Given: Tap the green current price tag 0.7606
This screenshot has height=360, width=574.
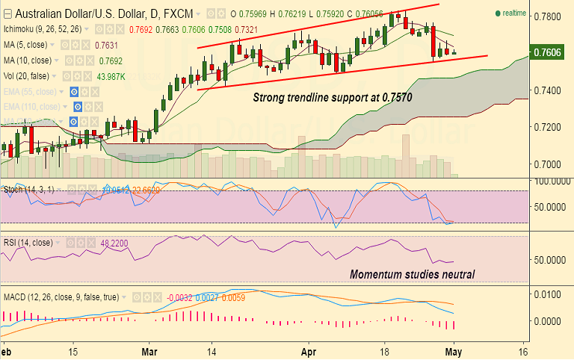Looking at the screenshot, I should point(550,52).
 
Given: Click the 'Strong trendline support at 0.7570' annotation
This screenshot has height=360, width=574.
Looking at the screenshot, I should point(332,97).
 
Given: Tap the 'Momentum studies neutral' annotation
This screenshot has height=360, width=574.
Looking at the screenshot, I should point(412,274).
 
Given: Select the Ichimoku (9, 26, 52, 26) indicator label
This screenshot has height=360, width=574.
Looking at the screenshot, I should point(43,29).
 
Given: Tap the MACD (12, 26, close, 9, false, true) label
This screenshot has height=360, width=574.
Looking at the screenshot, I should point(60,297).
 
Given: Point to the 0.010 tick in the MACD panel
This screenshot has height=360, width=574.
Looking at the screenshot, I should point(550,294).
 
